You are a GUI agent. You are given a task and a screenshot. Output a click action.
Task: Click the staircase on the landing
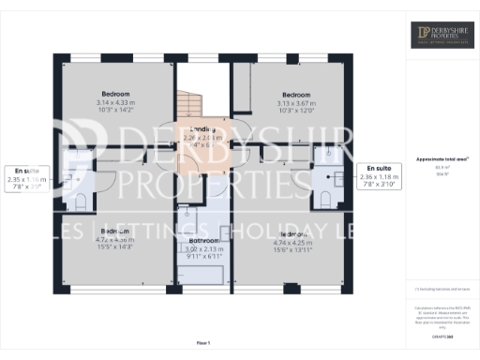(x=189, y=103)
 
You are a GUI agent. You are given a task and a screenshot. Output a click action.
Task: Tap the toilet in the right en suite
(x=326, y=195)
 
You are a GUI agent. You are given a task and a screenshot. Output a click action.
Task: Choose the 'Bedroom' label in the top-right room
(x=296, y=95)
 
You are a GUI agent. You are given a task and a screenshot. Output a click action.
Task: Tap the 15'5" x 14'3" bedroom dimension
(x=115, y=247)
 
